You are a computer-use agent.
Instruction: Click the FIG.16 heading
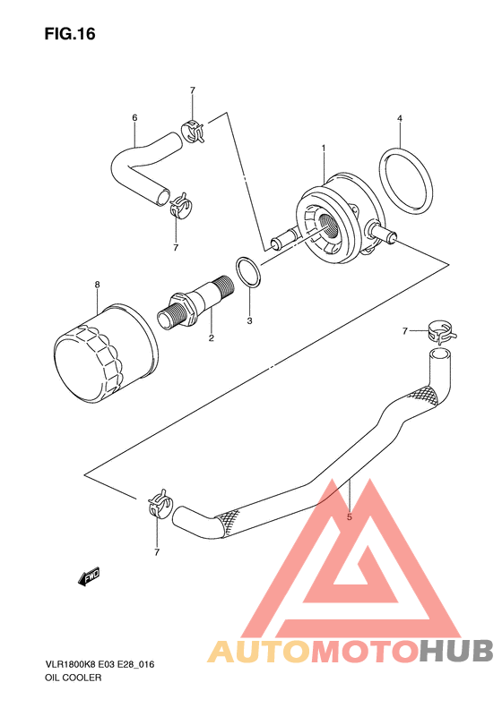click(70, 34)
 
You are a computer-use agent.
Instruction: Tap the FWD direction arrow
click(89, 576)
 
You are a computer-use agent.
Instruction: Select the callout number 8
click(97, 285)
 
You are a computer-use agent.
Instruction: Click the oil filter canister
click(106, 353)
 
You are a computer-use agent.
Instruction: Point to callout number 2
click(212, 337)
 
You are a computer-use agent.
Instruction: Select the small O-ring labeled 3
click(247, 272)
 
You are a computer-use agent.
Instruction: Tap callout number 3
click(249, 321)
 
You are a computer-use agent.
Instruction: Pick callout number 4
click(399, 118)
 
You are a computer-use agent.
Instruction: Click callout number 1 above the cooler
click(324, 148)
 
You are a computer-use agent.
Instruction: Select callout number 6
click(134, 118)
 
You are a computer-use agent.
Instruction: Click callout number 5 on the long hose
click(349, 517)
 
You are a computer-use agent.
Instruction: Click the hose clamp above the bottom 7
click(159, 504)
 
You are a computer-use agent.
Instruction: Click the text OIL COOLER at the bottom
click(74, 678)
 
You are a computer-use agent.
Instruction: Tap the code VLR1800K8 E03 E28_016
click(100, 665)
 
